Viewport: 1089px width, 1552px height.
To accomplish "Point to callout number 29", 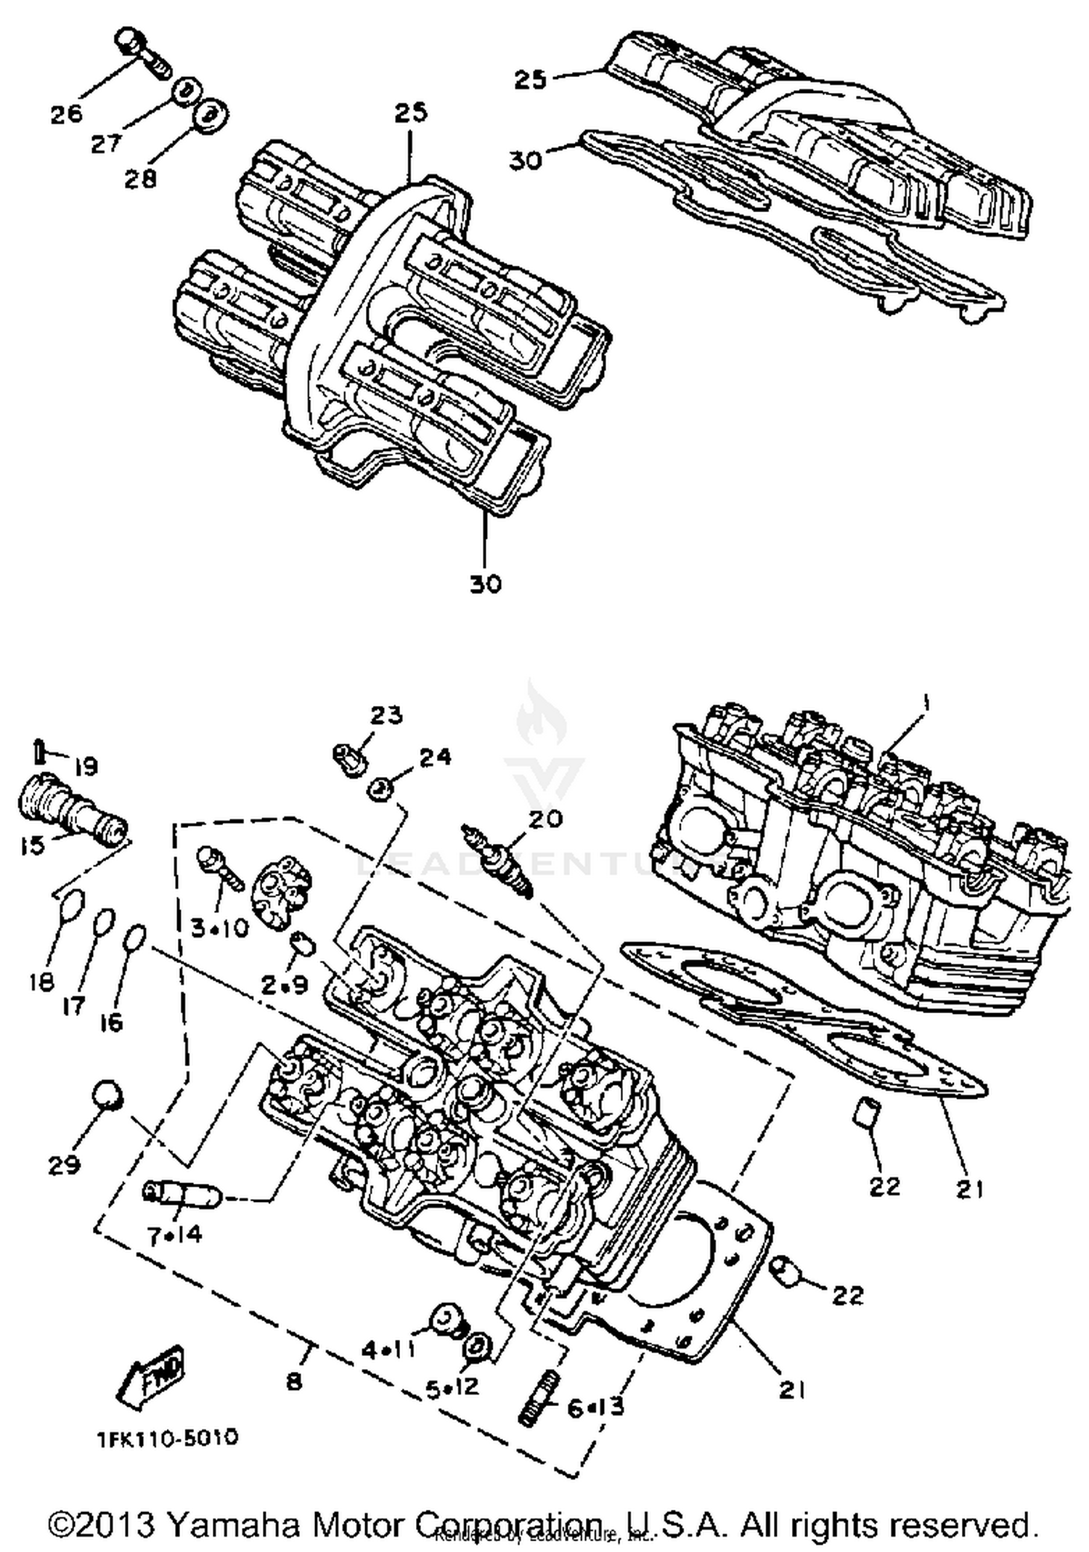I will click(64, 1165).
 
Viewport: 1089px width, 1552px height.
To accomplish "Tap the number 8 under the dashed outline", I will click(293, 1380).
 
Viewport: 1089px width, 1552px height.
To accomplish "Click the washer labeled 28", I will click(210, 115).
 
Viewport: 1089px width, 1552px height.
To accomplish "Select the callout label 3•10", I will click(221, 927).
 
